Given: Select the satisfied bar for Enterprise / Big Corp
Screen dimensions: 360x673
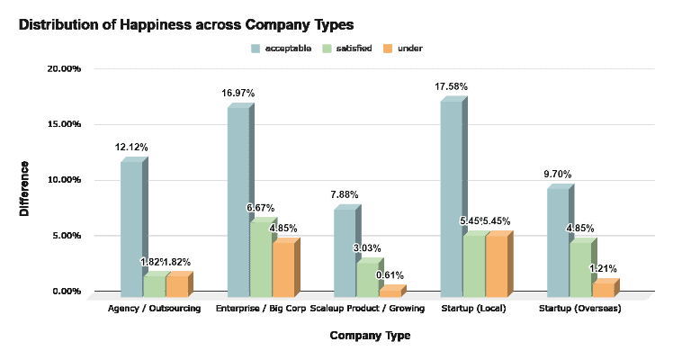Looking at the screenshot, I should coord(260,260).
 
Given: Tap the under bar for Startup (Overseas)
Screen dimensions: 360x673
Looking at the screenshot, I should coord(602,290).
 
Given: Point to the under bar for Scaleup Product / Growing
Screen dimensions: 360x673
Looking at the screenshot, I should coord(390,292).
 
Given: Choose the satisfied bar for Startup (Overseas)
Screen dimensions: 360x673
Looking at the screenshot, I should coord(580,268).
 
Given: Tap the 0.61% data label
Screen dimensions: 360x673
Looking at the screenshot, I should coord(390,274).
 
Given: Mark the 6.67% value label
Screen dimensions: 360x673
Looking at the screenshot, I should coord(261,208).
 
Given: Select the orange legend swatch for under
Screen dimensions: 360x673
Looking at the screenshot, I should coord(388,48).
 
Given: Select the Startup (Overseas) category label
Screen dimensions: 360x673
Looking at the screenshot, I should coord(579,310).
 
